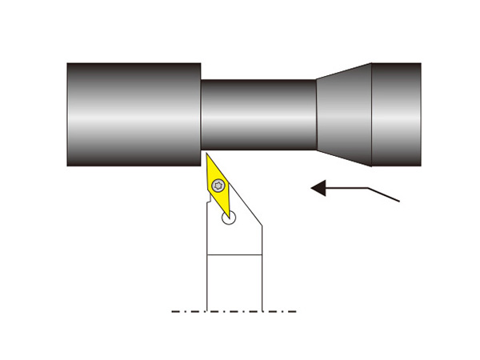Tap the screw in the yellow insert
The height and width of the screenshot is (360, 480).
point(218,186)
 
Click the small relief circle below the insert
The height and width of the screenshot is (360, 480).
point(230,217)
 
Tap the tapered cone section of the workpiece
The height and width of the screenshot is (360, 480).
point(344,114)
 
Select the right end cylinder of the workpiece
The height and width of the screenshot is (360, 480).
point(396,114)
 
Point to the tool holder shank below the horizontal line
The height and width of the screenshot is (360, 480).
point(234,280)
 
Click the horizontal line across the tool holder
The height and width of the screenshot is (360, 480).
point(234,254)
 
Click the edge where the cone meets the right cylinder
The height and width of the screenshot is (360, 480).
point(372,114)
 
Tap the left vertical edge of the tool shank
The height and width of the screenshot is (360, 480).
point(207,280)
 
